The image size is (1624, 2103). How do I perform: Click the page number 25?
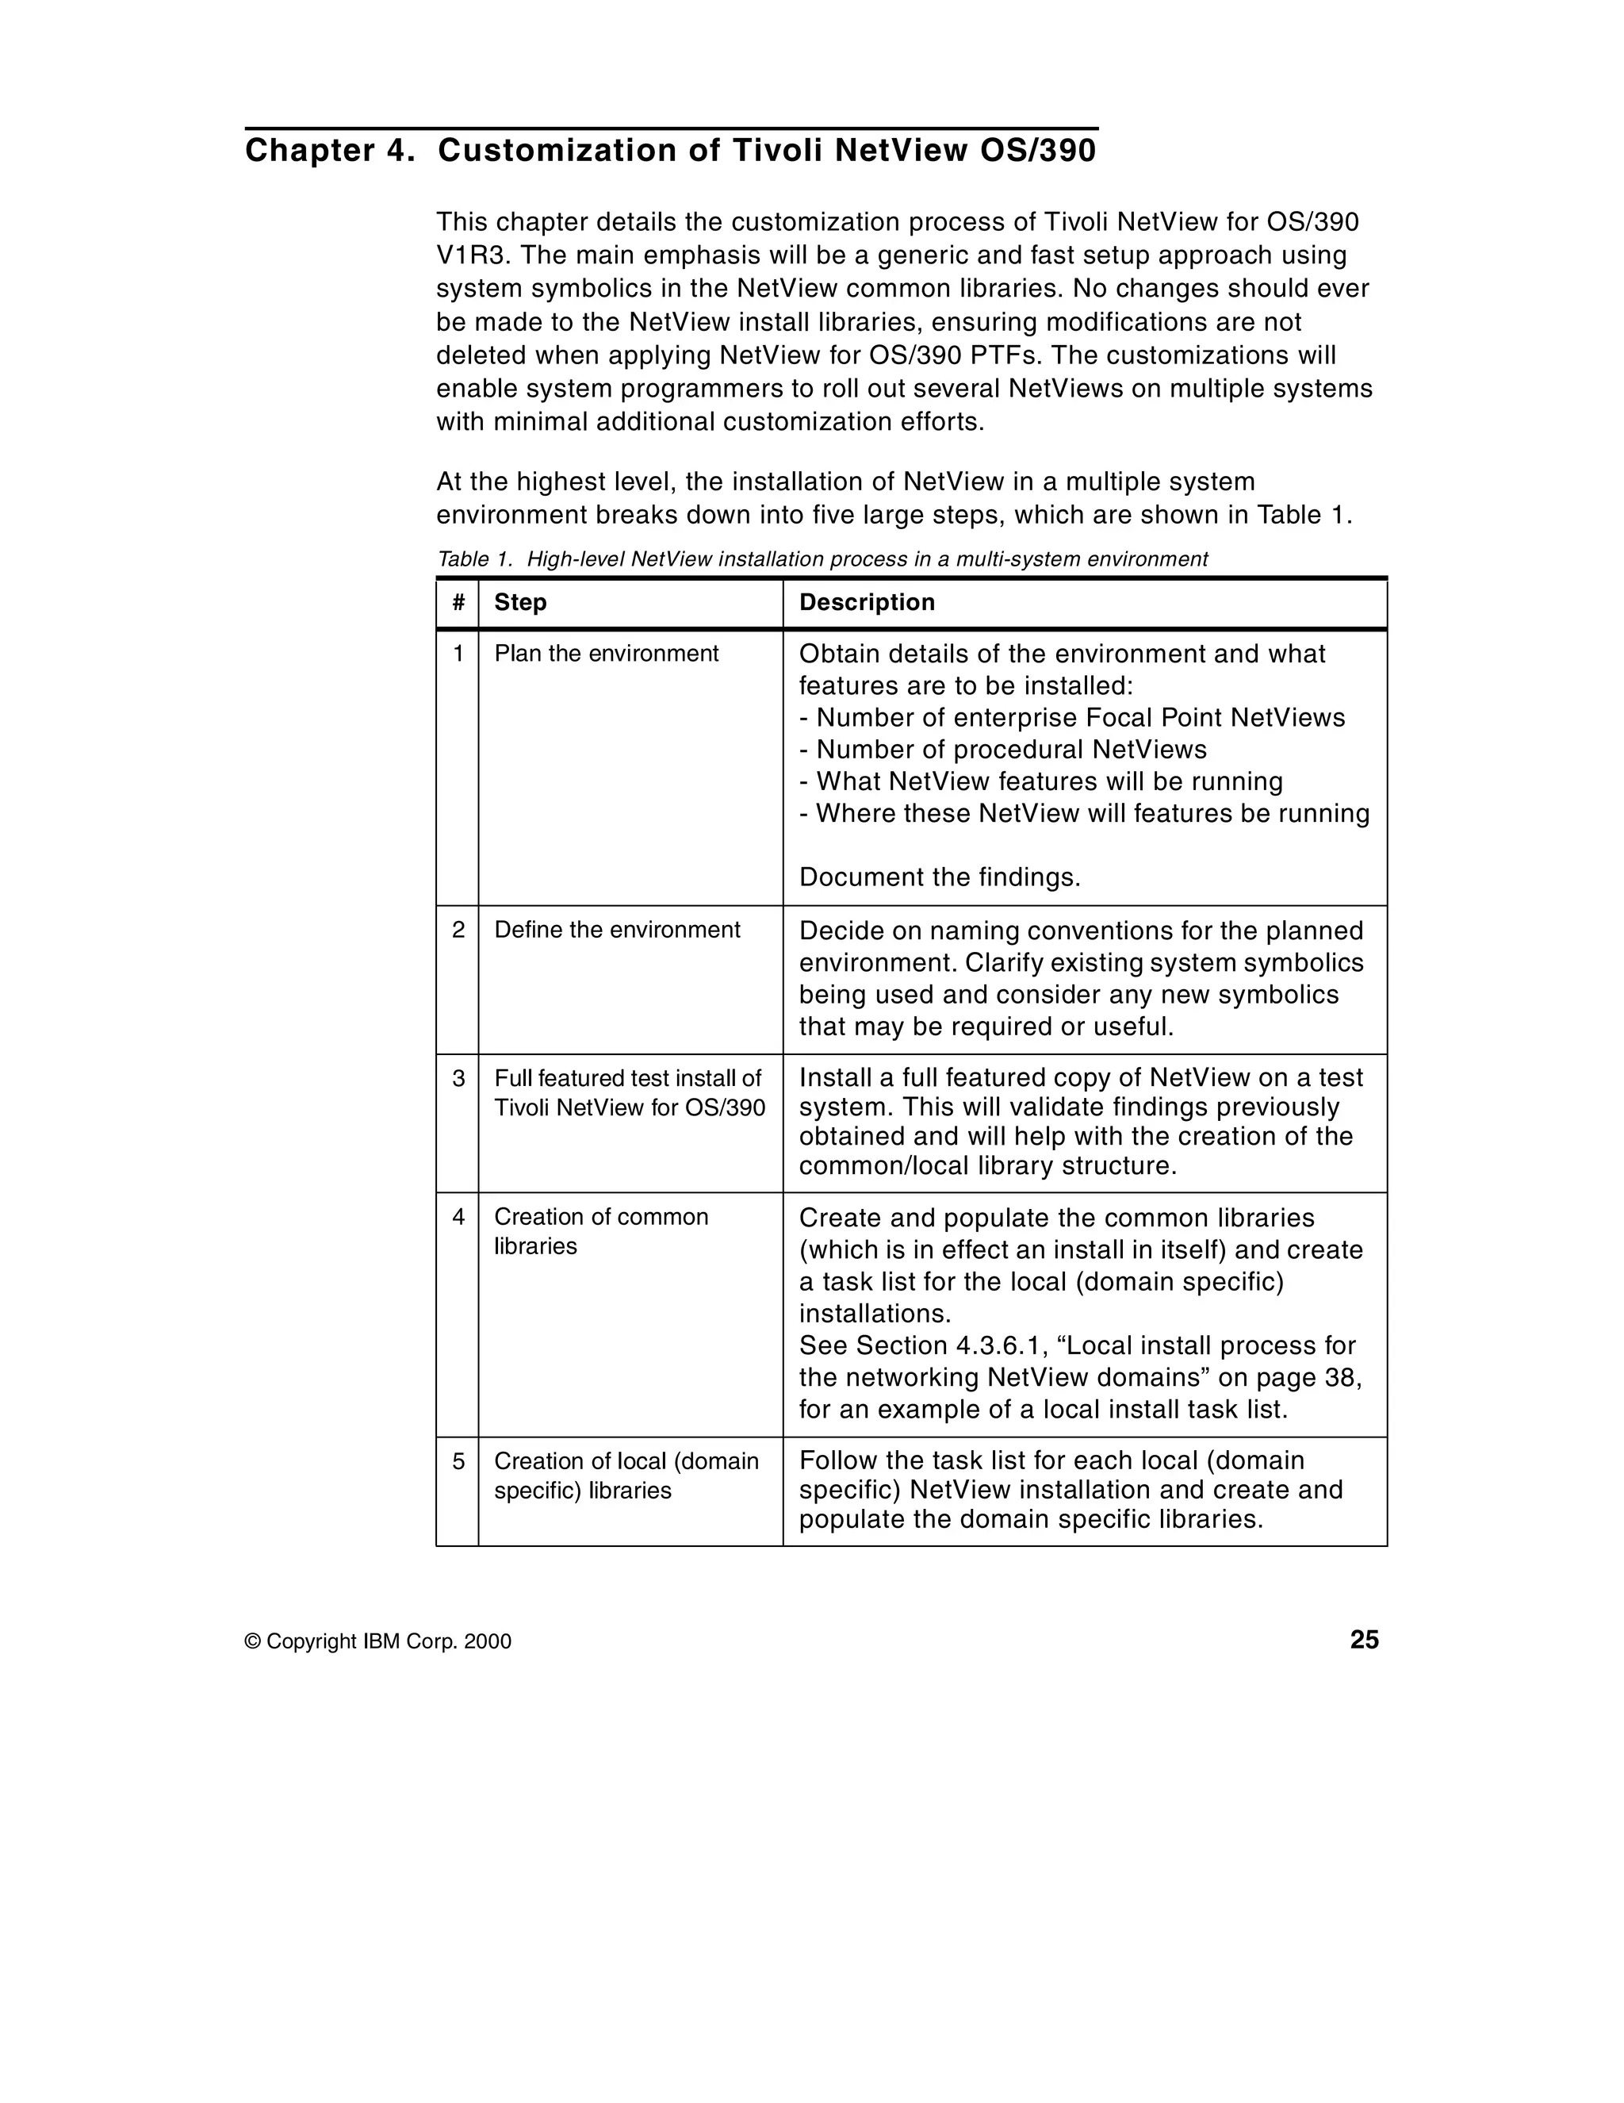(1363, 1640)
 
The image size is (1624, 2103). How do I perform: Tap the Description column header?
(867, 603)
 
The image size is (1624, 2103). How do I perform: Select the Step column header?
(520, 603)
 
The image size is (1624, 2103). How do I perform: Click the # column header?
(458, 603)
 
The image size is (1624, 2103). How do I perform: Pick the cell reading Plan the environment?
(606, 654)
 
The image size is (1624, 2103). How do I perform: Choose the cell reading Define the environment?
(616, 931)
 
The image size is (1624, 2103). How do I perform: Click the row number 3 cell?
(458, 1078)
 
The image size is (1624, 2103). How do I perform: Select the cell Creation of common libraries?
(601, 1231)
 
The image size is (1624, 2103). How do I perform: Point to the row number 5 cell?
(458, 1462)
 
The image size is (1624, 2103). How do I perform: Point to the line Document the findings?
(939, 878)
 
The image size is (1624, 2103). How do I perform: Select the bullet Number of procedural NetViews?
(1002, 750)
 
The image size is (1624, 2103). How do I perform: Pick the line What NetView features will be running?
(1040, 782)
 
